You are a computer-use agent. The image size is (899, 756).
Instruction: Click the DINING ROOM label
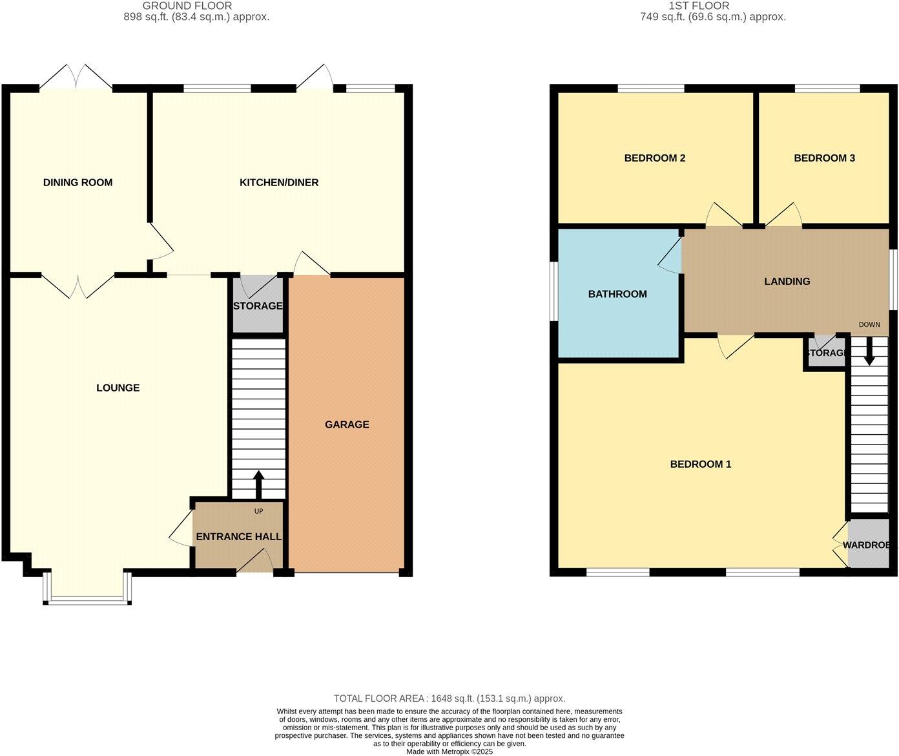click(x=77, y=182)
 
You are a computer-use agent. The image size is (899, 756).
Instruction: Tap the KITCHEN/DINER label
click(x=279, y=182)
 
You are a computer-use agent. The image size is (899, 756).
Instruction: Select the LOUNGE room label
click(x=118, y=388)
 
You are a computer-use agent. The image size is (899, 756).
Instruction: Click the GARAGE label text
click(x=347, y=425)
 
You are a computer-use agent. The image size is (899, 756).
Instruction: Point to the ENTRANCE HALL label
click(x=238, y=536)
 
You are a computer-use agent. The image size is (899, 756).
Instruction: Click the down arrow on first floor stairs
click(x=869, y=352)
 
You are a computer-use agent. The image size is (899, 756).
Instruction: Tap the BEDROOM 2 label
click(x=654, y=158)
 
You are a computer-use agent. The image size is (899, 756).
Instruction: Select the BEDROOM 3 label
click(x=824, y=158)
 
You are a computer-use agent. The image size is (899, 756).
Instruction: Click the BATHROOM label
click(x=617, y=294)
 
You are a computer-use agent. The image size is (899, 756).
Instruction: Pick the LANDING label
click(x=787, y=281)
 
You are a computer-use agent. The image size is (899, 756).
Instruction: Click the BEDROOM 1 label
click(x=700, y=464)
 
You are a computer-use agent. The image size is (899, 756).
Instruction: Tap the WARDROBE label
click(x=869, y=545)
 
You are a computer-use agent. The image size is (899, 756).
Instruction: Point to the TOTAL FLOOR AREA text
click(x=449, y=698)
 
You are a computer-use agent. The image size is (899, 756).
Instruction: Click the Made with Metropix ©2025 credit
click(x=449, y=751)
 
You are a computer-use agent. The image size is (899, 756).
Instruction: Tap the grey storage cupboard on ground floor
click(x=258, y=306)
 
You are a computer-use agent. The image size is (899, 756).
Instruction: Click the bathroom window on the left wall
click(x=553, y=291)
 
